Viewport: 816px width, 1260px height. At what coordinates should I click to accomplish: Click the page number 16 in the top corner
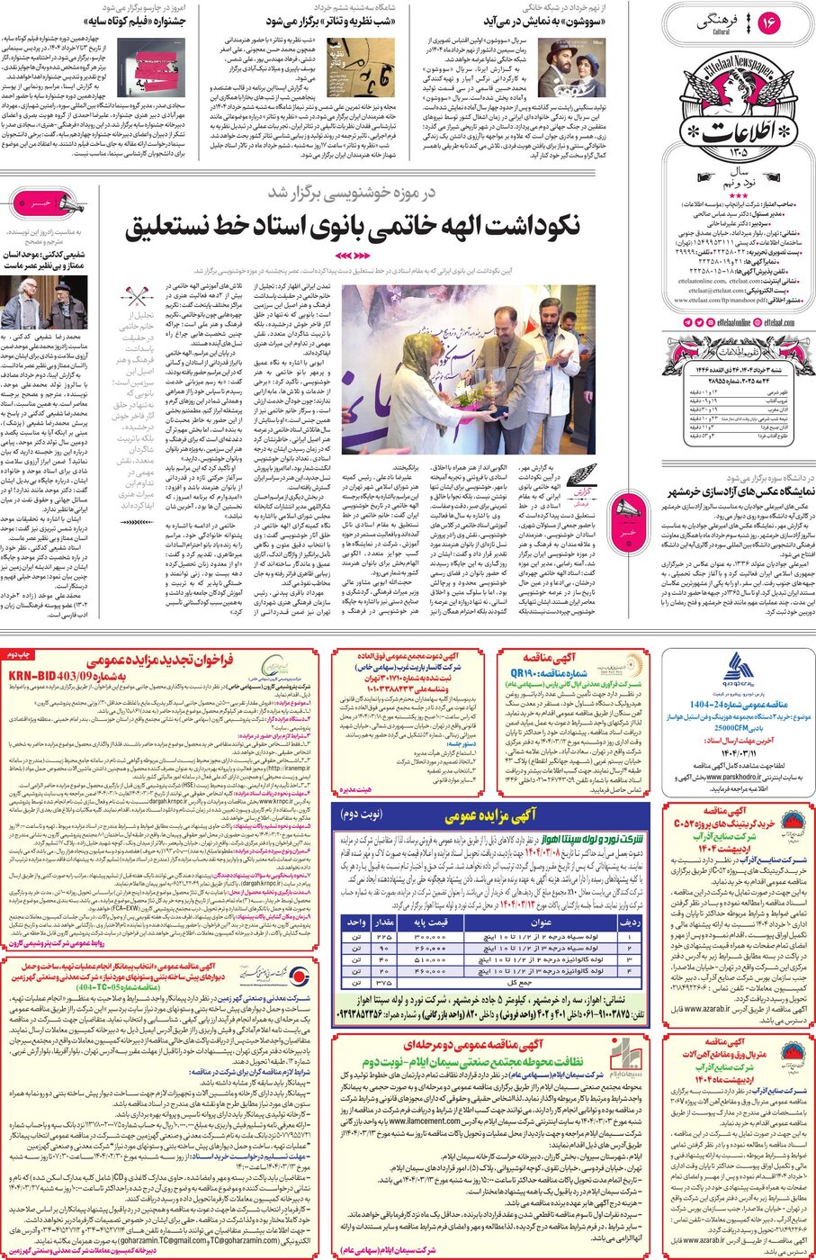point(769,23)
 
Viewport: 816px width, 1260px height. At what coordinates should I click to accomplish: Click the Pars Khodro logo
point(738,670)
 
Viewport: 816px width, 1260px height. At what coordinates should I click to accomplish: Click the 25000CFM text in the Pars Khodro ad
point(738,727)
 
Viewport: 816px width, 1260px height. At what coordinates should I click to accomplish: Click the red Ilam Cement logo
point(622,1054)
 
